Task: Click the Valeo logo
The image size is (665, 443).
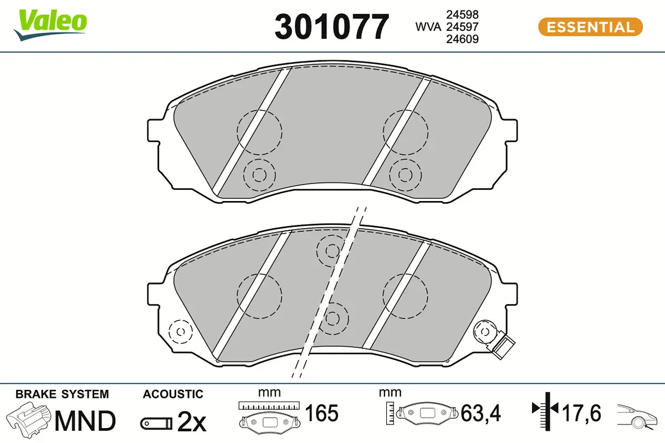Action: (x=50, y=25)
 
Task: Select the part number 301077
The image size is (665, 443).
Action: (x=331, y=27)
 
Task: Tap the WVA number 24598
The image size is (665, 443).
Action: (x=462, y=14)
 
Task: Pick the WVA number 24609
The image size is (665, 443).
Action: (x=462, y=39)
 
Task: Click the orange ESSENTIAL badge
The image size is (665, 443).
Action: (x=590, y=27)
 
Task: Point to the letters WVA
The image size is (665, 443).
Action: (x=428, y=27)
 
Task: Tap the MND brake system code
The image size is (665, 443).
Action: (x=85, y=421)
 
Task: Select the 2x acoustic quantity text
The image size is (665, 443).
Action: (x=192, y=421)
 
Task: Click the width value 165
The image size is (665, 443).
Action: (x=322, y=413)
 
